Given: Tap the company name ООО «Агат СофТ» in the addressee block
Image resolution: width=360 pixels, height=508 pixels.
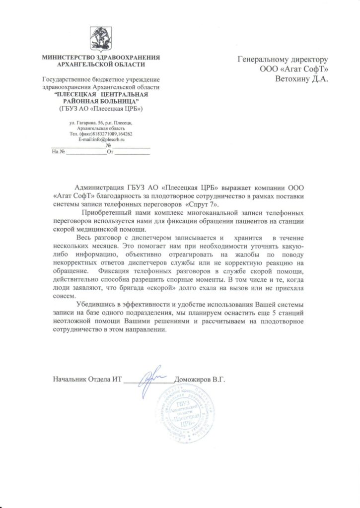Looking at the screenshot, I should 295,68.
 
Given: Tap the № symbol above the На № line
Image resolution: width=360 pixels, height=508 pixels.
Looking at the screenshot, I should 108,146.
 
